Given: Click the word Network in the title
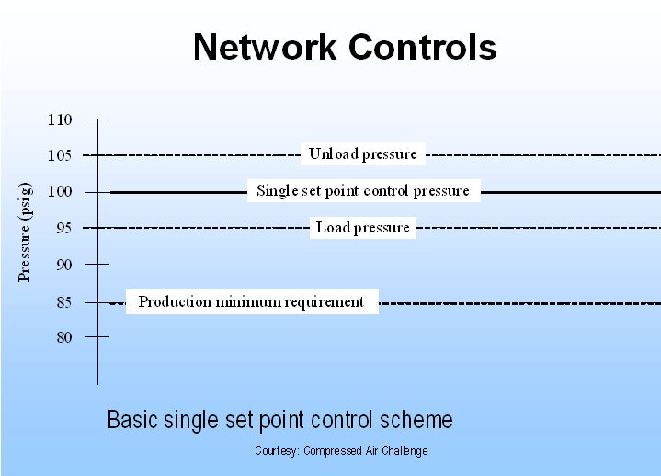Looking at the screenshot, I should tap(267, 47).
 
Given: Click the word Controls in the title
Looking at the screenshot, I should tap(423, 47).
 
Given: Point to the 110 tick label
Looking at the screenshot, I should tap(59, 119).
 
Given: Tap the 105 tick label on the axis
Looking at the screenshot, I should tap(59, 155).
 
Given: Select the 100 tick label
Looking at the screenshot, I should tap(59, 192).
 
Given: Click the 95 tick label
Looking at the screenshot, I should tap(63, 228).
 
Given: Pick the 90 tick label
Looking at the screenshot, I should tap(63, 265).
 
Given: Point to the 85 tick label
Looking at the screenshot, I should tap(63, 301).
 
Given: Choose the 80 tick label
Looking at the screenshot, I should tap(63, 337).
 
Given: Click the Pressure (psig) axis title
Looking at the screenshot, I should tap(25, 232).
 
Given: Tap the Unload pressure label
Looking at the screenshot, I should tap(362, 154).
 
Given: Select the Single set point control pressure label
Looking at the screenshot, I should tap(362, 191).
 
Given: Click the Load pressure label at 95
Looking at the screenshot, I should tap(362, 228).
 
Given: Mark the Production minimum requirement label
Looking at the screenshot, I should tap(251, 302).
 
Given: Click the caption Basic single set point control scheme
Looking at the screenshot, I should tap(279, 421).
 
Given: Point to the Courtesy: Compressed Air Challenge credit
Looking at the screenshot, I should tap(341, 451).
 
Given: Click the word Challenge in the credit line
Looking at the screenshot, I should tap(405, 451).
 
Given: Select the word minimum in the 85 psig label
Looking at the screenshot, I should tap(248, 302).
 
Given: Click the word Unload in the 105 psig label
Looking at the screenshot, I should tap(331, 154).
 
